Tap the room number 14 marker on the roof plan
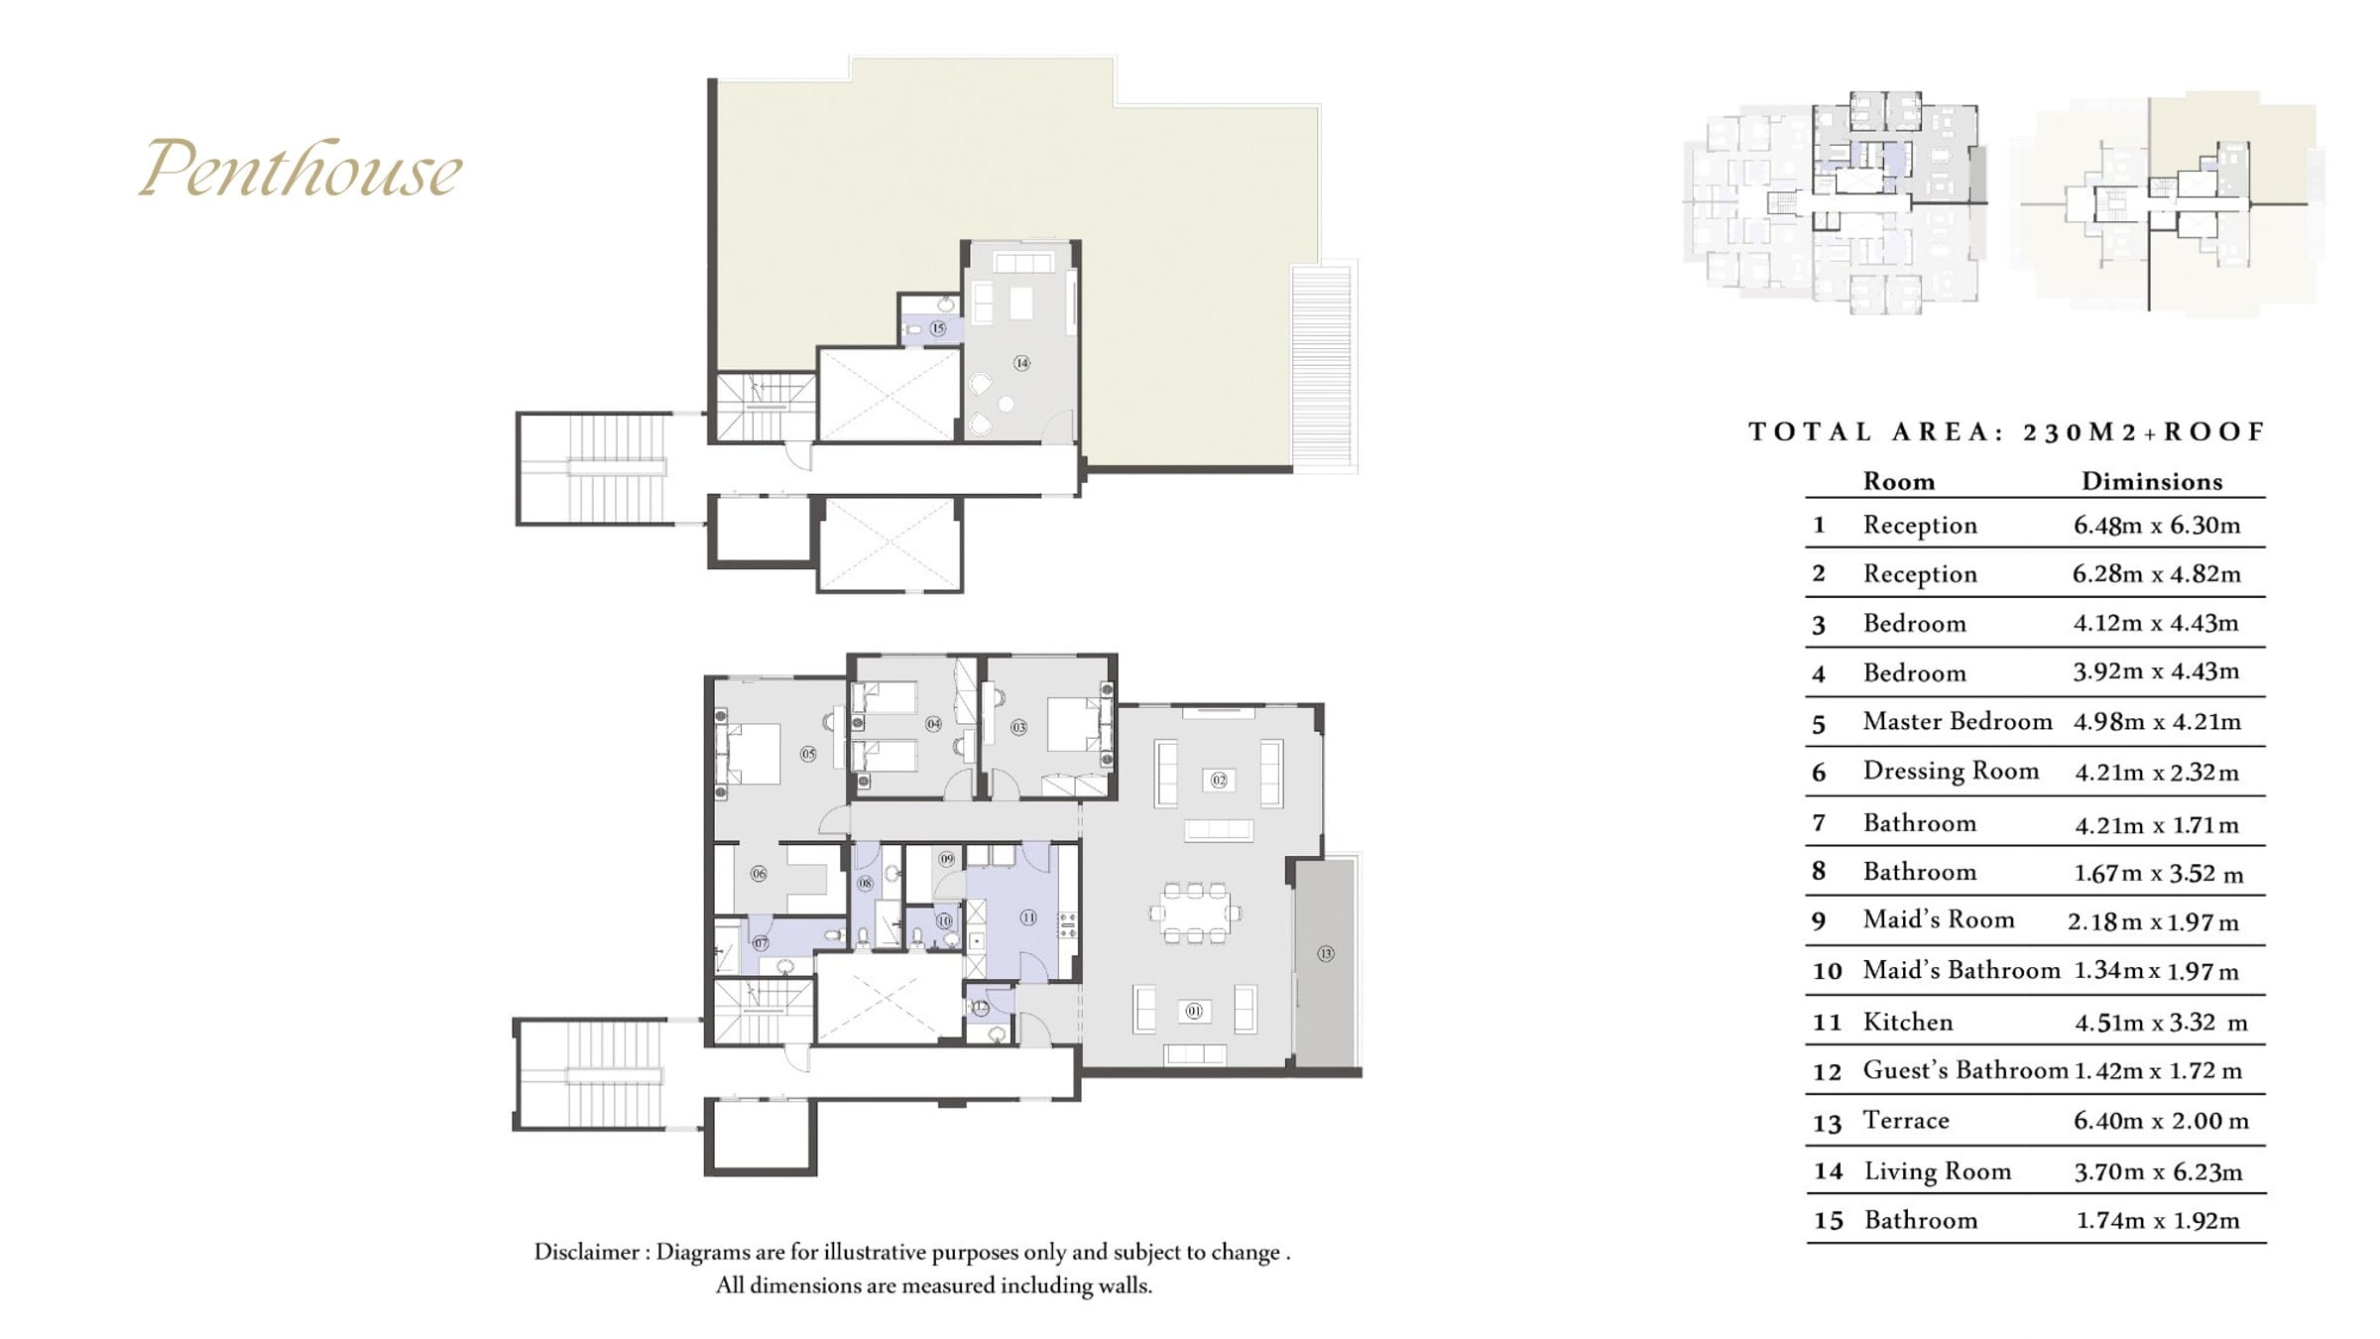coord(1021,363)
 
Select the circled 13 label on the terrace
coord(1326,953)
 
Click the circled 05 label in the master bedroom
coord(808,754)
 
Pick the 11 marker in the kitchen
coord(1028,917)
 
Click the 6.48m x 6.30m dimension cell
coord(2157,525)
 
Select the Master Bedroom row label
coord(1958,721)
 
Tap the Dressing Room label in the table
coord(1951,772)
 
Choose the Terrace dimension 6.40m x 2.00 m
coord(2161,1121)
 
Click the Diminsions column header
coord(2152,481)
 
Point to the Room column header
coord(1899,481)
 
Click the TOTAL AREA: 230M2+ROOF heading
coord(2007,431)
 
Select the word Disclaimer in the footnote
coord(587,1252)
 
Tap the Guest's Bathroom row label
coord(1965,1070)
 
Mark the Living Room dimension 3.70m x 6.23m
coord(2158,1171)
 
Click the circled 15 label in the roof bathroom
coord(937,327)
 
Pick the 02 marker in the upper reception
coord(1219,781)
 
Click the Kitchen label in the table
coord(1908,1022)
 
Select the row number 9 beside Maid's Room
coord(1819,921)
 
